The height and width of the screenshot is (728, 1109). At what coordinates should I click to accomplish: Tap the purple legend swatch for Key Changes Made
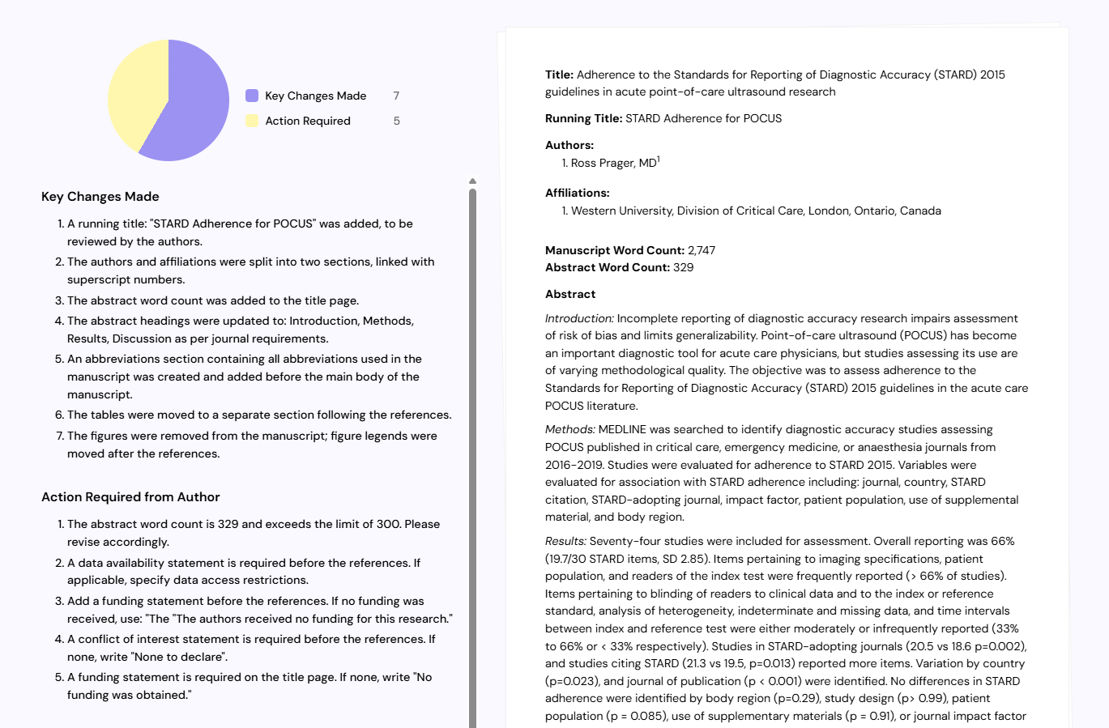tap(252, 96)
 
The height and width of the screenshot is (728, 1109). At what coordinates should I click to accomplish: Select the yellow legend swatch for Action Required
tap(252, 121)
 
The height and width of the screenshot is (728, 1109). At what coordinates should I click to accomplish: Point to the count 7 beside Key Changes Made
tap(396, 96)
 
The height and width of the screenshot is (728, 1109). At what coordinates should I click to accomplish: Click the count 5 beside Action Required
tap(396, 121)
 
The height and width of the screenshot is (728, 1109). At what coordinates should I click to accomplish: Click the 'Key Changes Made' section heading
tap(100, 197)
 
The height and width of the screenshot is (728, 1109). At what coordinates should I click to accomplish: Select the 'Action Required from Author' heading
tap(130, 497)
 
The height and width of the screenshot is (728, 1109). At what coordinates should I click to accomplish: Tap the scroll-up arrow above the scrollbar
tap(472, 181)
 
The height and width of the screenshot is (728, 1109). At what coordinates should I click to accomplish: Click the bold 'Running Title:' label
tap(583, 118)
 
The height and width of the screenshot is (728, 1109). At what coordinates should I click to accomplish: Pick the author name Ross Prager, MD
tap(614, 164)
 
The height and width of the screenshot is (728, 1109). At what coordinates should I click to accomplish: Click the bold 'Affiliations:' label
tap(578, 193)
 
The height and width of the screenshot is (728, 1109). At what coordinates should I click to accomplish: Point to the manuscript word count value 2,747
tap(702, 250)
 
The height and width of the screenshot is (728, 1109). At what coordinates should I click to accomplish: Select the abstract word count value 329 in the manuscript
tap(683, 267)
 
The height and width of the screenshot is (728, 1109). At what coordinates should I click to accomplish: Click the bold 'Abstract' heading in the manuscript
tap(570, 294)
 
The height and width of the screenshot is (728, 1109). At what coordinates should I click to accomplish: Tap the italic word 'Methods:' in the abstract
tap(569, 429)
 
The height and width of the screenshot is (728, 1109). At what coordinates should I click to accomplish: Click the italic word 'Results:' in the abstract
tap(565, 541)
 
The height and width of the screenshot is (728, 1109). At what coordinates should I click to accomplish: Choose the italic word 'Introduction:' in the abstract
tap(579, 318)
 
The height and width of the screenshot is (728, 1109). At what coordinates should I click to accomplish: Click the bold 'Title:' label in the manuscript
tap(559, 75)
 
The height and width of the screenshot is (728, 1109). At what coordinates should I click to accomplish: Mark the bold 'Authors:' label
tap(569, 145)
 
